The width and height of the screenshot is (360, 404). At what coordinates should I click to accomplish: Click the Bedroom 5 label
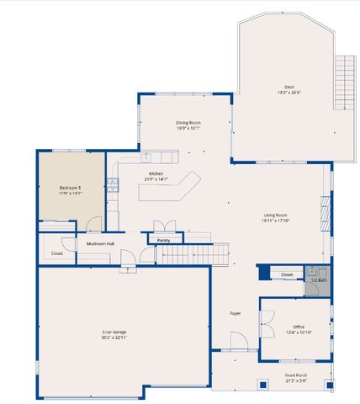[x=70, y=187]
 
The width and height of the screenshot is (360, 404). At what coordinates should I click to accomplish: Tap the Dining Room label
[x=188, y=122]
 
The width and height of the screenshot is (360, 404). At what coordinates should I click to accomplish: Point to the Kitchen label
[x=156, y=173]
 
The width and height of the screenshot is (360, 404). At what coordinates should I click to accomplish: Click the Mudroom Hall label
[x=100, y=244]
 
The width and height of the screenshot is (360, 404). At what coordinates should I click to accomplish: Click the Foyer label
[x=236, y=313]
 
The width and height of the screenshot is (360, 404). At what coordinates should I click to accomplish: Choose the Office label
[x=298, y=327]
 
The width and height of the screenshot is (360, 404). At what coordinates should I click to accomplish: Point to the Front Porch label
[x=295, y=375]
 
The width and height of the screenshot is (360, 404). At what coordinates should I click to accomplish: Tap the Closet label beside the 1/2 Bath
[x=286, y=274]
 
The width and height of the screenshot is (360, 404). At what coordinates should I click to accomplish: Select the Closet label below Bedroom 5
[x=57, y=252]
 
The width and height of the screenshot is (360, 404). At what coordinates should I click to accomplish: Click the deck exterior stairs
[x=344, y=82]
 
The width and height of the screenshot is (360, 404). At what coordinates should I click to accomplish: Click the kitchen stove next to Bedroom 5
[x=112, y=183]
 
